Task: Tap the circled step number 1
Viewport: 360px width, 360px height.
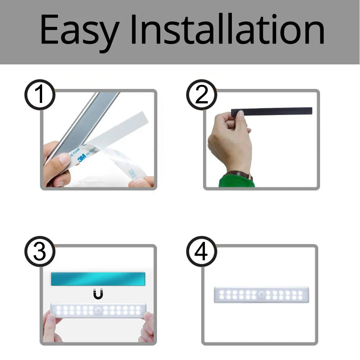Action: click(40, 95)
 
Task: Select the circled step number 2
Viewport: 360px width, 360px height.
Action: click(201, 95)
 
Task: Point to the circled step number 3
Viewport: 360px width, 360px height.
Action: click(40, 251)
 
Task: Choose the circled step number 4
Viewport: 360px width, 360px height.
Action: click(201, 251)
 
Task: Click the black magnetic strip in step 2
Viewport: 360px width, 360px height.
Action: click(274, 111)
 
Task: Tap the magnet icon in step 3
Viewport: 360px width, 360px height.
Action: click(98, 294)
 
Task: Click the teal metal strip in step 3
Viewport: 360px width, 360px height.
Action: click(98, 279)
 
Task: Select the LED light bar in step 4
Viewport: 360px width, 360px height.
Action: click(261, 295)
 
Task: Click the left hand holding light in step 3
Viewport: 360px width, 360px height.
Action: click(50, 328)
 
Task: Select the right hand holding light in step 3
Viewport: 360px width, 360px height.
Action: click(147, 328)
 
